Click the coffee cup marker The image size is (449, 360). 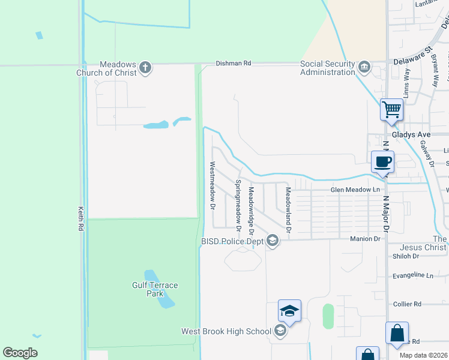382,161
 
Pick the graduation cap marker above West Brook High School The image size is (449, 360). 289,311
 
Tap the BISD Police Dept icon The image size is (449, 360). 273,241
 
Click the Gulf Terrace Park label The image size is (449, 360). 155,289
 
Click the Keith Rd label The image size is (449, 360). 80,219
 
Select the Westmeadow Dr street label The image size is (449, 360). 212,185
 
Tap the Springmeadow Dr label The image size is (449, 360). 238,206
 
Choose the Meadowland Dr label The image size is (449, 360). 288,209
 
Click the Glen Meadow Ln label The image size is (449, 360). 355,190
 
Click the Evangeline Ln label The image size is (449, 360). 412,275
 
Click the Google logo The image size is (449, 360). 20,353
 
